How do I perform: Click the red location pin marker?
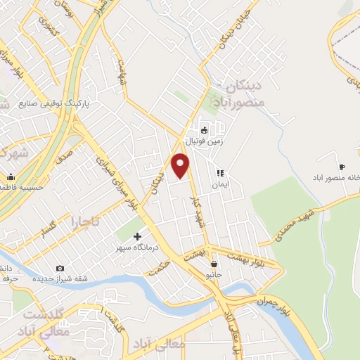tap(181, 165)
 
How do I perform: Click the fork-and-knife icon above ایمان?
tap(219, 172)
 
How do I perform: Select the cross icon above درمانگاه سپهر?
tap(137, 237)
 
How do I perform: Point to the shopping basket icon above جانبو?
tap(214, 264)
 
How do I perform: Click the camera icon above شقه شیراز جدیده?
tap(60, 268)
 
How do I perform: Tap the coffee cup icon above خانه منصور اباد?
tap(342, 167)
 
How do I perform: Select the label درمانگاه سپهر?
tap(139, 247)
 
